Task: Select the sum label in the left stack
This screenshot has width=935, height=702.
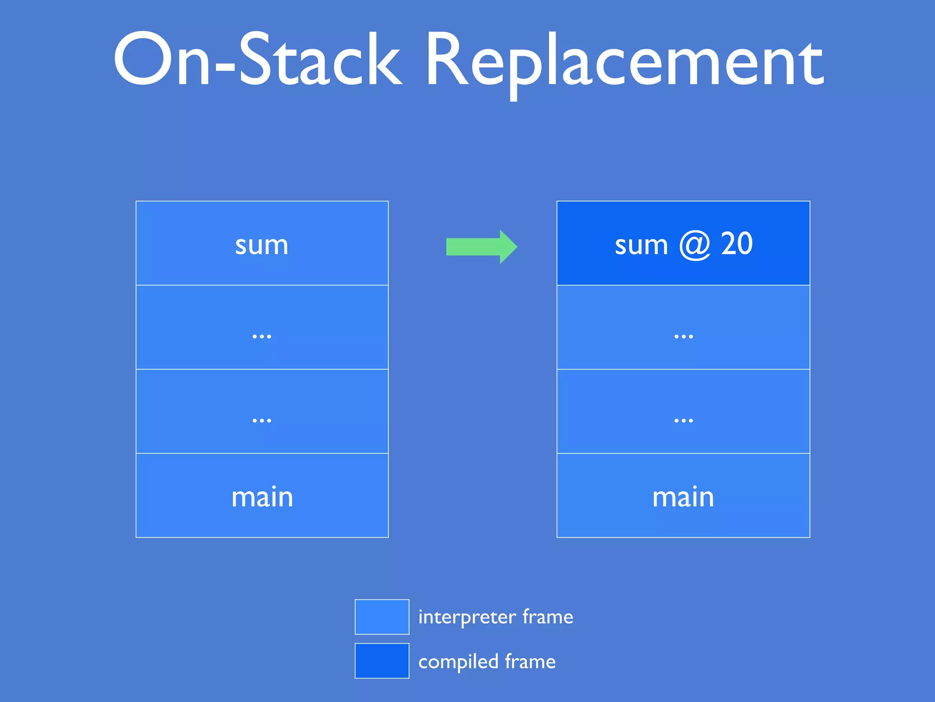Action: coord(262,245)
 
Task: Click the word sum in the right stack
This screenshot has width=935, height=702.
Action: coord(641,245)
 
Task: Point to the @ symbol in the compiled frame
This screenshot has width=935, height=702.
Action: coord(694,245)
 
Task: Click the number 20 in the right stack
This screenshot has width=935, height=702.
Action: coord(736,244)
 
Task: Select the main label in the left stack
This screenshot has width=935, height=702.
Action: coord(262,497)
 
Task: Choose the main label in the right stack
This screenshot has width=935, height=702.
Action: coord(683,497)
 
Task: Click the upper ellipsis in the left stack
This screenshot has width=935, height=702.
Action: coord(262,336)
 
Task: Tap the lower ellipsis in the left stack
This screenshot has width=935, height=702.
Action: coord(262,420)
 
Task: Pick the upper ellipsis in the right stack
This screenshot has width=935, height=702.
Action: coord(683,336)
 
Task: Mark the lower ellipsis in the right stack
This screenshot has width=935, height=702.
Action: coord(683,420)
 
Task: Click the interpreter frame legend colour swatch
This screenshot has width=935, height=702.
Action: coord(382,617)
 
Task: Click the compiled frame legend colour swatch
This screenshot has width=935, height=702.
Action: coord(382,661)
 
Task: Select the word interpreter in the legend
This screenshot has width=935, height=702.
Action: coord(467,617)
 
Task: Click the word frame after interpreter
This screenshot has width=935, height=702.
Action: coord(547,617)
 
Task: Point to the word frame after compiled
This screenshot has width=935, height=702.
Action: coord(530,661)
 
